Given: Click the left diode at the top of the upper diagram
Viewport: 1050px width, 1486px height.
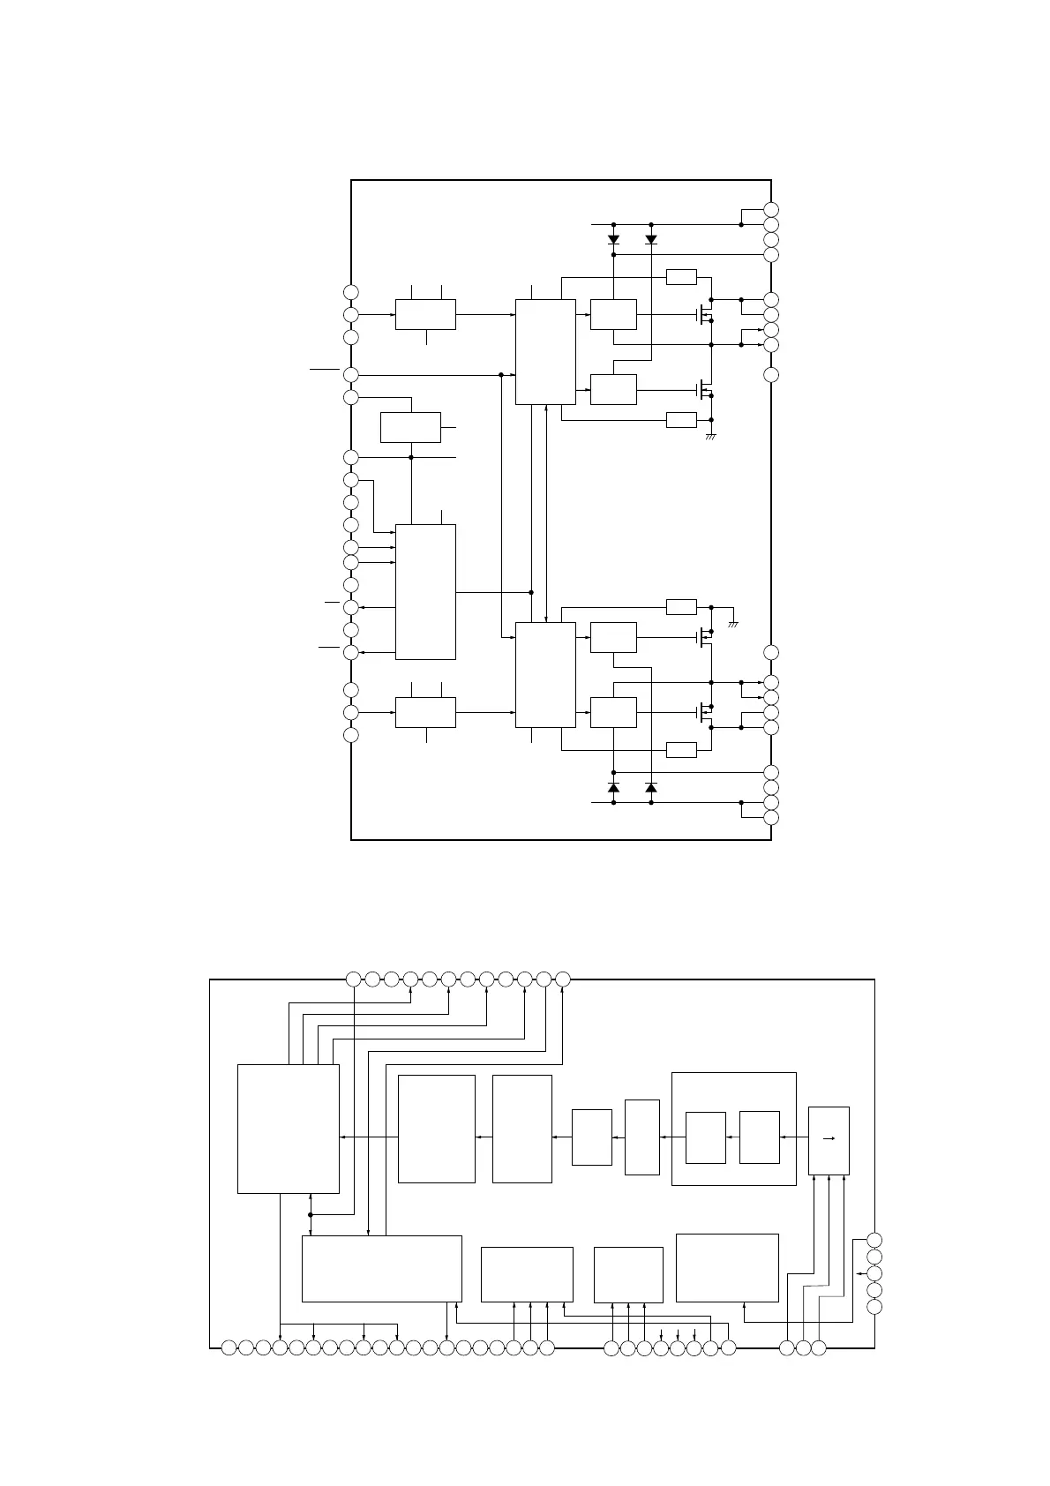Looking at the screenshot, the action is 613,239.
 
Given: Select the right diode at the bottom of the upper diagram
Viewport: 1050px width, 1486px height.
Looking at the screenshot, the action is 651,787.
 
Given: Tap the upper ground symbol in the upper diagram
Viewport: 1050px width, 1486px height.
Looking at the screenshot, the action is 711,437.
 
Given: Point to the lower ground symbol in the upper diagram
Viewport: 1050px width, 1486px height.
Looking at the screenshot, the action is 732,624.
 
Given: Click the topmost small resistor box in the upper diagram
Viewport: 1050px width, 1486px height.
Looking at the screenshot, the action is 681,277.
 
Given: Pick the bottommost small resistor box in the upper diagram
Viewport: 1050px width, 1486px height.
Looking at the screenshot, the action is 681,750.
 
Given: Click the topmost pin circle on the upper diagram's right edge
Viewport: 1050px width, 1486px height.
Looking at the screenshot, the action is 771,209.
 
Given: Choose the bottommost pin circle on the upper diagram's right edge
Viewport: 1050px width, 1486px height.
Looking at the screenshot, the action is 771,818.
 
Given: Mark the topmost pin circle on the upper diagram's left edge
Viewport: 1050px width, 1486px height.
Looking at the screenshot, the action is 351,292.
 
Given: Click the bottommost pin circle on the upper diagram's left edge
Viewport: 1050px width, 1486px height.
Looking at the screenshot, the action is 351,735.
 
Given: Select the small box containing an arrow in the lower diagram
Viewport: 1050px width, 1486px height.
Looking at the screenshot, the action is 829,1140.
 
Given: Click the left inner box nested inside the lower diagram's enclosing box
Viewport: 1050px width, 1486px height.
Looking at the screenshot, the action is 706,1138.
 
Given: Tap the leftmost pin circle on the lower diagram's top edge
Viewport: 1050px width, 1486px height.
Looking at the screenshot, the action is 353,979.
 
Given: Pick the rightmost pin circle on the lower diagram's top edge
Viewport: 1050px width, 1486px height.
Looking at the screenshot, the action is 563,979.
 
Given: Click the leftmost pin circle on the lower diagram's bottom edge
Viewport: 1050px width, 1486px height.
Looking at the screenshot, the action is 229,1347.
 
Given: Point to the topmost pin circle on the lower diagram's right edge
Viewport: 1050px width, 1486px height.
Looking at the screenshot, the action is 874,1241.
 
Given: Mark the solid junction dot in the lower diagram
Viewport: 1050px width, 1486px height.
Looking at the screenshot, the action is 311,1214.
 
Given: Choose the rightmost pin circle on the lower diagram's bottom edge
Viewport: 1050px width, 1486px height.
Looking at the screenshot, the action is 819,1347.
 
